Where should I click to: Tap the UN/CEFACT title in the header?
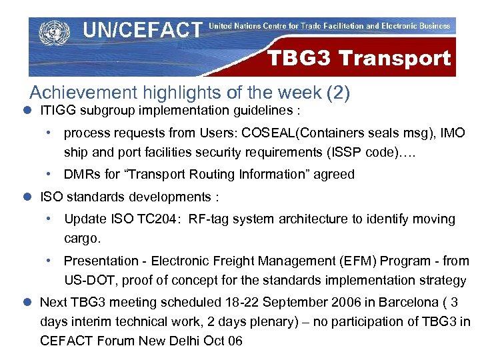[142, 30]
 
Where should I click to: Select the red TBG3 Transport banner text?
[359, 58]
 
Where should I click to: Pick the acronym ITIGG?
[57, 111]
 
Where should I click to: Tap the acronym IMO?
[451, 133]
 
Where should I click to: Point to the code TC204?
[155, 219]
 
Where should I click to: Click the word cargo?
[81, 238]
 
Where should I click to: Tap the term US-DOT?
[87, 279]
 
